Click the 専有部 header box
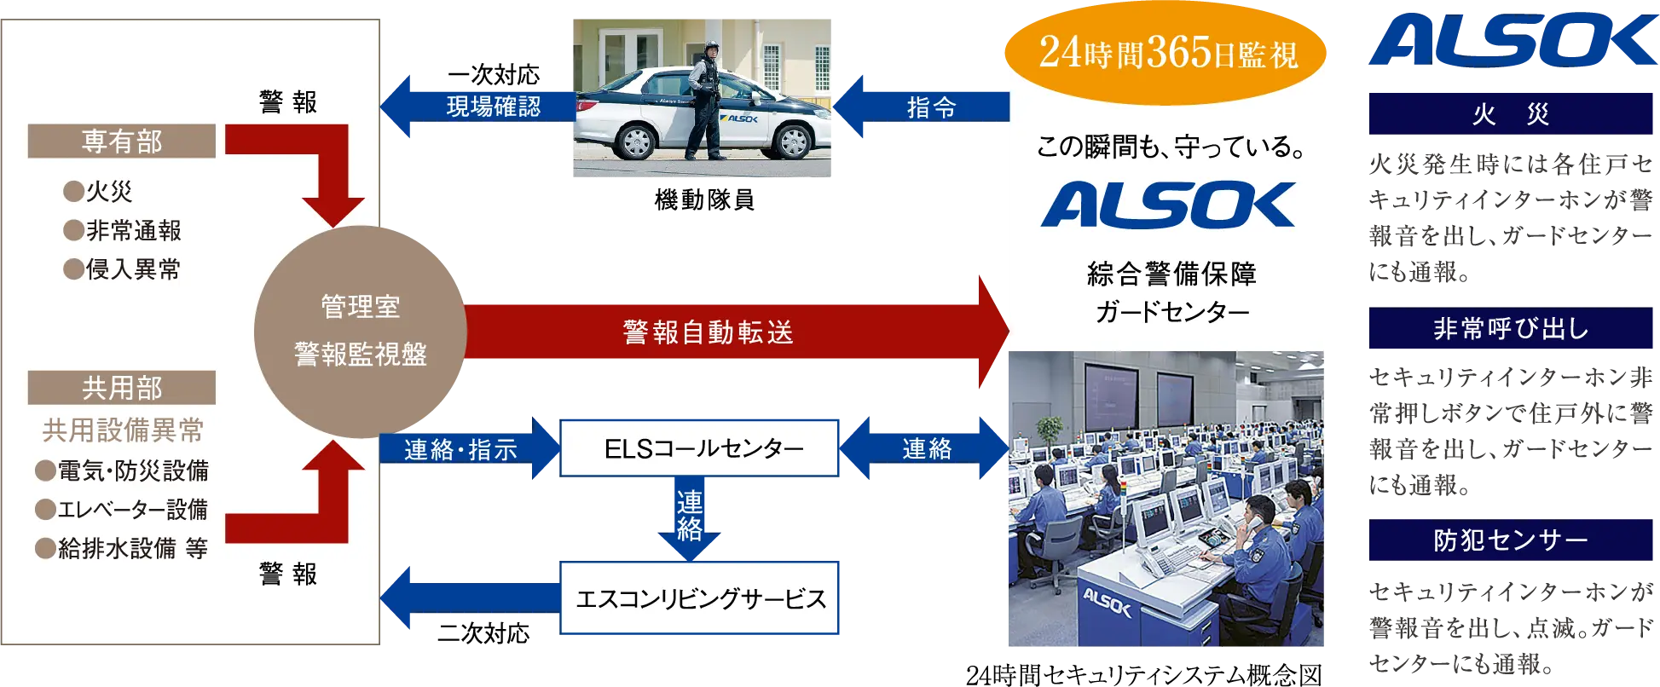coord(121,141)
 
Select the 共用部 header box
coord(121,388)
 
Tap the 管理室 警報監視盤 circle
coord(360,331)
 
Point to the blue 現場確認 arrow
coord(477,107)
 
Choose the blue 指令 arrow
coord(921,107)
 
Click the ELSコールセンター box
coord(699,447)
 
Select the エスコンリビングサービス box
coord(699,598)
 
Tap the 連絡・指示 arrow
coord(465,449)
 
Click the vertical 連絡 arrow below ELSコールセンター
coord(690,520)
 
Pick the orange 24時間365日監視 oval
coord(1166,53)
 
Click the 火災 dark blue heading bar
coord(1510,114)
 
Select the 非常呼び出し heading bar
coord(1510,328)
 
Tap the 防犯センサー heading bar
coord(1510,540)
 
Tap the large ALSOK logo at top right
coord(1510,40)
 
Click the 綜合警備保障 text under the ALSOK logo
coord(1171,274)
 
